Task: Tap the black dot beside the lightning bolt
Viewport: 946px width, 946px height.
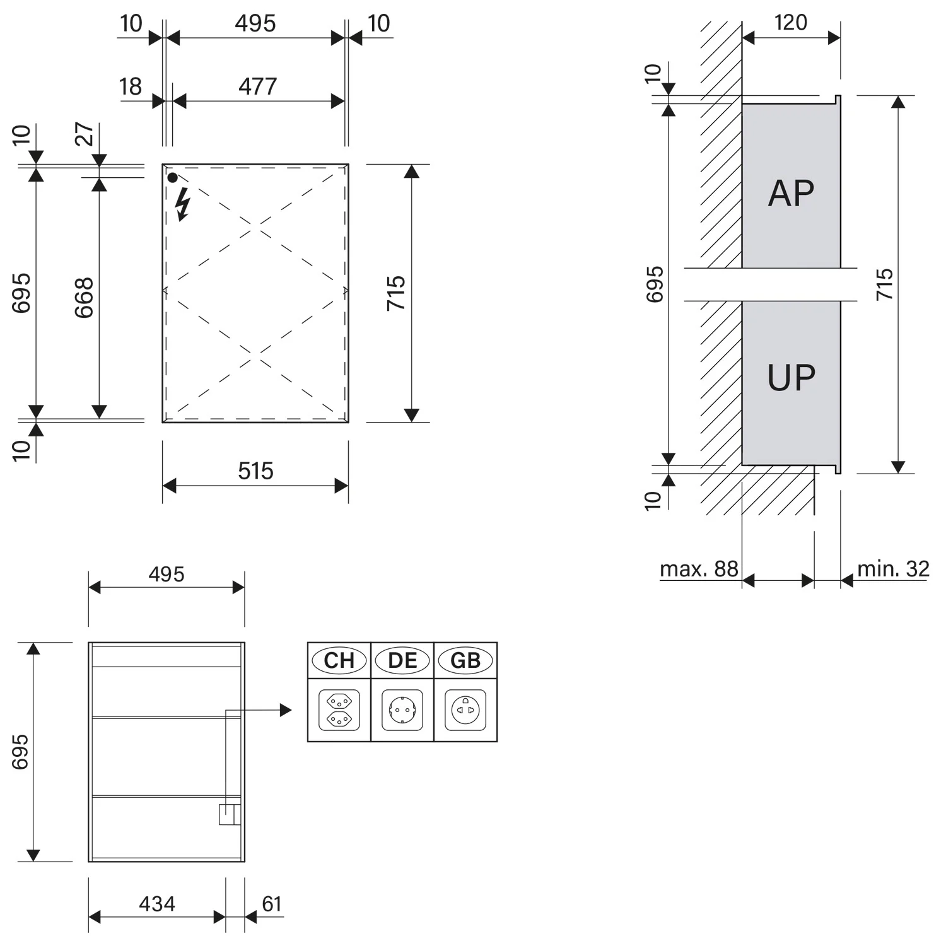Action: [172, 178]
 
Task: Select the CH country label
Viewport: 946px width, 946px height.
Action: [339, 660]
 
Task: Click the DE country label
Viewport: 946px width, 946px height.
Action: [402, 660]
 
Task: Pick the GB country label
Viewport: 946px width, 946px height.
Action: [465, 660]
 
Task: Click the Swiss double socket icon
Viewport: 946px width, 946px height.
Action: [339, 710]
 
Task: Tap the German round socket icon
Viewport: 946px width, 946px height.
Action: [402, 710]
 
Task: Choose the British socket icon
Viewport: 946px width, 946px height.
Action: [465, 710]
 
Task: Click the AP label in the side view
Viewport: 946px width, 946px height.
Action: [791, 193]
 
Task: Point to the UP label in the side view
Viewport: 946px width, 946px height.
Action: [791, 378]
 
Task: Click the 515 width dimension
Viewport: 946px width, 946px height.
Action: [255, 471]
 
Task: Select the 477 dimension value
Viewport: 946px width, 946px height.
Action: [257, 86]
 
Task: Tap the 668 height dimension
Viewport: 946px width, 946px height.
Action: [84, 297]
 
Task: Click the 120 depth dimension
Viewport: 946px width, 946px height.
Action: [790, 23]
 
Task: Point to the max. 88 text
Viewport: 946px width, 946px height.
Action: [699, 569]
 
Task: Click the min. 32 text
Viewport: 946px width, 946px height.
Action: [893, 569]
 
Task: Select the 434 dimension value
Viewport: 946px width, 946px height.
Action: [157, 904]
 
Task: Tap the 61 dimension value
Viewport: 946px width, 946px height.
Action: [272, 904]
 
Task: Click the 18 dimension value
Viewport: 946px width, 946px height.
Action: [131, 86]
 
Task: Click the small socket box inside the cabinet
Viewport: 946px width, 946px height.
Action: [230, 814]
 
